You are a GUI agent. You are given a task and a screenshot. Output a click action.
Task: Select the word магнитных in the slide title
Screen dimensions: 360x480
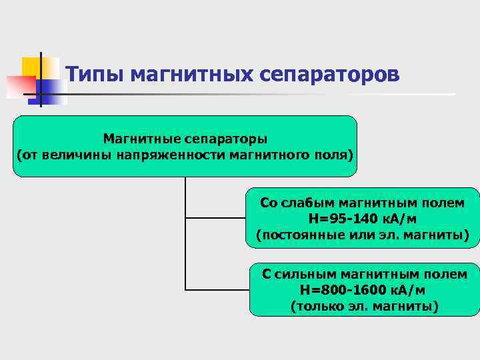191,73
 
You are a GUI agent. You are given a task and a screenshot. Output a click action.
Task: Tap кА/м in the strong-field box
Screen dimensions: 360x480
406,290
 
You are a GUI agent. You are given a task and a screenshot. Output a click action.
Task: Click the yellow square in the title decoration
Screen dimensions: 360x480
31,67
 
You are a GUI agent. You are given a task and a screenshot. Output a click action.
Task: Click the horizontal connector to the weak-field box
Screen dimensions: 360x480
217,218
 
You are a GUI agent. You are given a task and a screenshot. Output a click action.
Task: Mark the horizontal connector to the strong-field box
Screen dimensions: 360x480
217,290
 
